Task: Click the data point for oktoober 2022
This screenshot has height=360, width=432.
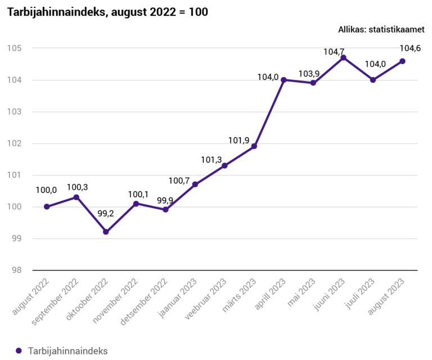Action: [106, 232]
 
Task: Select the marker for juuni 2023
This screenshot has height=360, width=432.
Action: [343, 57]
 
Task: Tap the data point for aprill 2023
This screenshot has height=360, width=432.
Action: [284, 80]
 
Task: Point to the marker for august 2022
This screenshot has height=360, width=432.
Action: [47, 206]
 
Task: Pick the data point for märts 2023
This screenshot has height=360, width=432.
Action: [254, 146]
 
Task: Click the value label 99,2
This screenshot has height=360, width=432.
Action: [105, 214]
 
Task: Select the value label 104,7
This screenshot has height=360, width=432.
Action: [334, 52]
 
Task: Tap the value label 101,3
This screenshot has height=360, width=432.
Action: [211, 160]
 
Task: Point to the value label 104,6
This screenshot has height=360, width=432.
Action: [410, 48]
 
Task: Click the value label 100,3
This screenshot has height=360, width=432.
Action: [77, 187]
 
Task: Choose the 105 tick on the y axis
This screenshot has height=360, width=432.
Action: [13, 48]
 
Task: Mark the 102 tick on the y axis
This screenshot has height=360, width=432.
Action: [13, 143]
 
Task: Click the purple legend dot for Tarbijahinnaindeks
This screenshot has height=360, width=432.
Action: [19, 350]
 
